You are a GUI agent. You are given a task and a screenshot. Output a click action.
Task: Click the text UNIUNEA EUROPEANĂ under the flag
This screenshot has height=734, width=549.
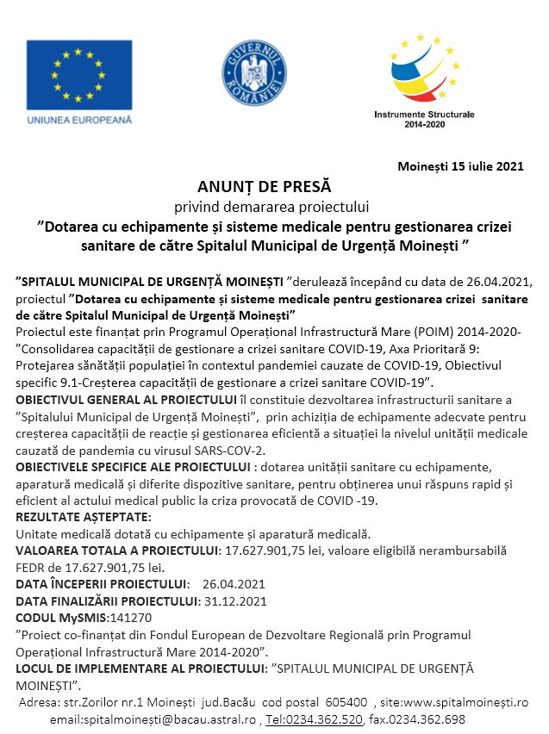click(x=79, y=120)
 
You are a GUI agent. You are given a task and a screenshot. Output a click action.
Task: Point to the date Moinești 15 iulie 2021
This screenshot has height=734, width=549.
click(x=460, y=165)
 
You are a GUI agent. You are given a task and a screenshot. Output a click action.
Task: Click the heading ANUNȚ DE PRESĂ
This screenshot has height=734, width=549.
click(x=264, y=186)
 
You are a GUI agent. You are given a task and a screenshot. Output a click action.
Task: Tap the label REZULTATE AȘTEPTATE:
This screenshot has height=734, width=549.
click(x=84, y=517)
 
